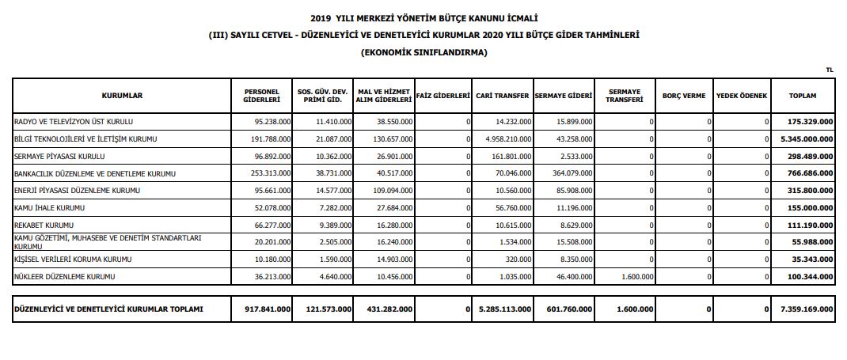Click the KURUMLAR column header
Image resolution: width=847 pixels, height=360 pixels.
(x=122, y=96)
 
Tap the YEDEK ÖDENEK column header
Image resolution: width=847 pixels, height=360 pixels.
(x=742, y=96)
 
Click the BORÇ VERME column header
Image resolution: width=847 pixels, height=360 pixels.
(x=683, y=96)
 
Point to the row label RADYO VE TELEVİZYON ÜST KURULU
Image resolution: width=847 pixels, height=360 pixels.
(x=74, y=122)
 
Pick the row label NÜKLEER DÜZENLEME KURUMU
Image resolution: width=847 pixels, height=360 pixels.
(x=65, y=277)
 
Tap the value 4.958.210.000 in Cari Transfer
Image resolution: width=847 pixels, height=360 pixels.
(x=505, y=139)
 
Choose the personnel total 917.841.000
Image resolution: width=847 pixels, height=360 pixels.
(x=268, y=309)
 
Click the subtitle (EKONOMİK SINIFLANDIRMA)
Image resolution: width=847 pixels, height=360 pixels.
(x=424, y=53)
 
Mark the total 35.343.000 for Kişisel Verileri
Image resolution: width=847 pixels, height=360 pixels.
(x=812, y=260)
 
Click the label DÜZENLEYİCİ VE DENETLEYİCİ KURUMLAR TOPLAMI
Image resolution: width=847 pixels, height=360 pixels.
(x=109, y=309)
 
